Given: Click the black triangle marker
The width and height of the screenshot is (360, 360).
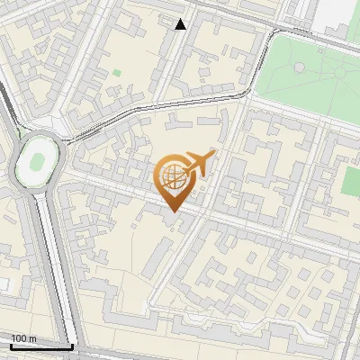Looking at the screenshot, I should [x=181, y=24].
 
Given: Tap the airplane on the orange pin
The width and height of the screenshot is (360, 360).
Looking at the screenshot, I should [x=197, y=164].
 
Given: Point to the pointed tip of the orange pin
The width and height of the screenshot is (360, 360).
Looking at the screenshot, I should [x=172, y=212].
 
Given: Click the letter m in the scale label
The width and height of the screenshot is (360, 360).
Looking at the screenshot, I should [x=33, y=338].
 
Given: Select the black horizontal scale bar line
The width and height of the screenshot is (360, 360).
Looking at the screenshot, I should [x=41, y=346].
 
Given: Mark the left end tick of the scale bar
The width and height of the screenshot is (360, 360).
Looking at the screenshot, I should [x=11, y=345].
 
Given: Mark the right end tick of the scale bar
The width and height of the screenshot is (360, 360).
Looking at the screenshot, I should [x=72, y=345].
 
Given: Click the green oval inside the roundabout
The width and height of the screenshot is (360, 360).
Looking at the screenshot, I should [x=39, y=162].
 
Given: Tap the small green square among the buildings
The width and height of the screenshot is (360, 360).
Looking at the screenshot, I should [x=116, y=73].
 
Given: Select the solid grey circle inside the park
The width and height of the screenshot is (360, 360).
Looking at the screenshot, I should [x=299, y=67].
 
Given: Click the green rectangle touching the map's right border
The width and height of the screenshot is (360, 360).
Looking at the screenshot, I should [x=350, y=180].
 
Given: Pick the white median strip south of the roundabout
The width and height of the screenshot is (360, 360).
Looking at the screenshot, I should [x=52, y=261].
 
